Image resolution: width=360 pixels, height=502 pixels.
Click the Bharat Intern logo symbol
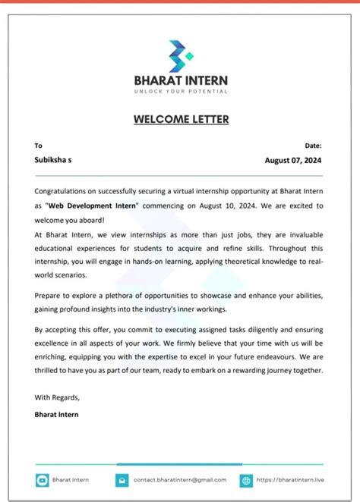click(x=180, y=54)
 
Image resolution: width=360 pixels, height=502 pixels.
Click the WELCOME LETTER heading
click(x=181, y=119)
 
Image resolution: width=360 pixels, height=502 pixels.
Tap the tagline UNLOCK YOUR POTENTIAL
click(x=180, y=91)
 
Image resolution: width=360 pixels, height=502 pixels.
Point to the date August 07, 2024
click(x=294, y=160)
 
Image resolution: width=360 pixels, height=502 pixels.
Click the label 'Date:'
click(x=314, y=145)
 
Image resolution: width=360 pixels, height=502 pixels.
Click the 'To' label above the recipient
click(x=39, y=145)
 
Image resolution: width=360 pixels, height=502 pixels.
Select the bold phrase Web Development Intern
click(x=93, y=206)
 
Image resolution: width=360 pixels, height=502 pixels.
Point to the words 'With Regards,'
click(x=57, y=397)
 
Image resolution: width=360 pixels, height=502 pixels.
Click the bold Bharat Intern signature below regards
click(x=56, y=414)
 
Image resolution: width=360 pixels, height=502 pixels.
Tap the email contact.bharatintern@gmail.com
click(x=180, y=479)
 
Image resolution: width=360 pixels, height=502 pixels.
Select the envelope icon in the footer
click(x=122, y=480)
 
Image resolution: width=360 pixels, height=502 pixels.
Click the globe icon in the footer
click(x=246, y=480)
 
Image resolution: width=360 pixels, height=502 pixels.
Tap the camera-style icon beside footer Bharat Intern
click(x=42, y=480)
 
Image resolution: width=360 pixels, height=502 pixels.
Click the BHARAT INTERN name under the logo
click(x=180, y=80)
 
